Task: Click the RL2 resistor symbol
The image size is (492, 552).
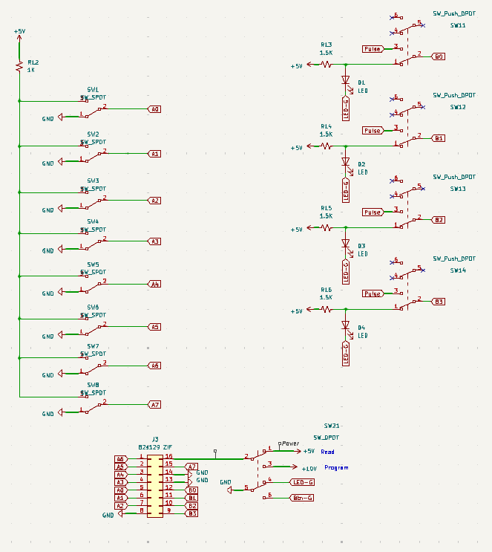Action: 19,67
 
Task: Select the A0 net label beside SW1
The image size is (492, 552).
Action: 154,109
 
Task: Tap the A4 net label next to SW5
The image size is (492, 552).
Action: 154,284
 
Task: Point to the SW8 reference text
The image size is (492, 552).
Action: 93,385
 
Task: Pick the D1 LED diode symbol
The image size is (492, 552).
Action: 345,80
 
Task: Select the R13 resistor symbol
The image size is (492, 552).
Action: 326,64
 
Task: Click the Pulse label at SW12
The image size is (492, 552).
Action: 372,131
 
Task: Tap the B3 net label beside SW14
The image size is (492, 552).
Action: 439,302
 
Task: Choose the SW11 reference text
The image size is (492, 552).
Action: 458,25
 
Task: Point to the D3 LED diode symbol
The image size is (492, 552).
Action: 345,243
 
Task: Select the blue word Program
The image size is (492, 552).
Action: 336,468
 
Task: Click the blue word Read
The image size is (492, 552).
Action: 327,451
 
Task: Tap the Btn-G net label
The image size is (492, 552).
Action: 302,498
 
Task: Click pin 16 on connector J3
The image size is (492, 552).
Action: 168,456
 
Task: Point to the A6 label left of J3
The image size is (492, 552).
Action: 120,459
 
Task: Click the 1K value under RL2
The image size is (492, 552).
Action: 31,70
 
